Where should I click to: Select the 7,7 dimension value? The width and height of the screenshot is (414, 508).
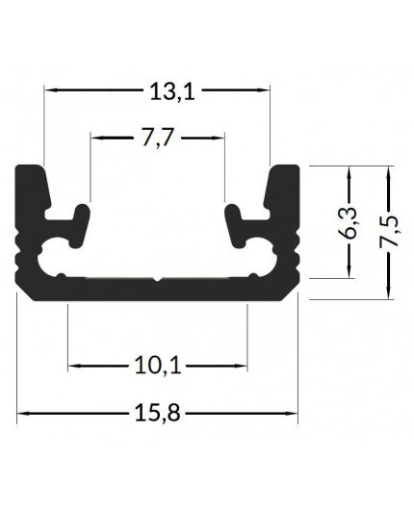click(157, 138)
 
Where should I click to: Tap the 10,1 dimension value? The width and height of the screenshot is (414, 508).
click(157, 366)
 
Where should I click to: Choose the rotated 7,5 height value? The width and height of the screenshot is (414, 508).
click(389, 232)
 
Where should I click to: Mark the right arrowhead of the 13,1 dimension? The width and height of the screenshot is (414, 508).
click(262, 90)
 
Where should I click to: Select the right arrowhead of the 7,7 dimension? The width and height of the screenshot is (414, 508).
click(219, 137)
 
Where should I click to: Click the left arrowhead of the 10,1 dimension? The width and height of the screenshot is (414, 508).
click(75, 366)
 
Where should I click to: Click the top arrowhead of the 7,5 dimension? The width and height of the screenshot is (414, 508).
click(389, 171)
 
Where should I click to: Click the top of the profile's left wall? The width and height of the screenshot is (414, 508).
click(32, 169)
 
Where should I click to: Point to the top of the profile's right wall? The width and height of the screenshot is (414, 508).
click(285, 169)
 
